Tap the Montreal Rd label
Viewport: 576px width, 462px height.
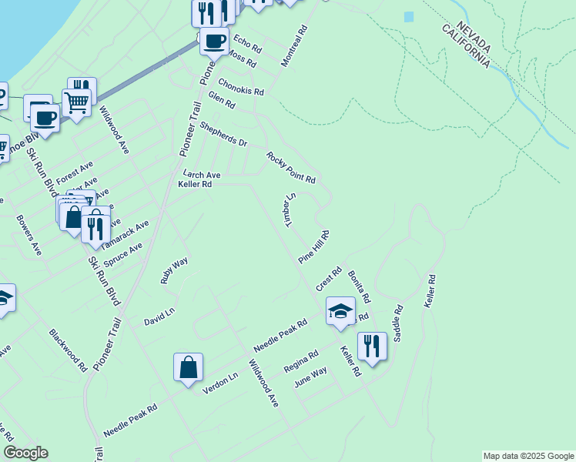tap(294, 46)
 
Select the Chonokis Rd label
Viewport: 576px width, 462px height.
tap(240, 87)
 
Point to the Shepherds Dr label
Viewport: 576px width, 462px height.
tap(223, 134)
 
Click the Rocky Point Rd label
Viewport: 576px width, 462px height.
tap(291, 168)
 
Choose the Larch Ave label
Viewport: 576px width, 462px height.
tap(201, 175)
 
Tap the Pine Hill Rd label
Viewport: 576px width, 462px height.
tap(314, 246)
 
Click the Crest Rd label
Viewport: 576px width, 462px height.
tap(329, 280)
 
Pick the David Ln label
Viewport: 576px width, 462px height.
tap(159, 316)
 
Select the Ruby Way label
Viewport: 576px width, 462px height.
tap(174, 271)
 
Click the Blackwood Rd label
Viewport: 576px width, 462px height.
tap(68, 351)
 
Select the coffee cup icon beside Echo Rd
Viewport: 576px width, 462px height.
tap(214, 39)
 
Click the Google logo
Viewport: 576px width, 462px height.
tap(25, 453)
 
